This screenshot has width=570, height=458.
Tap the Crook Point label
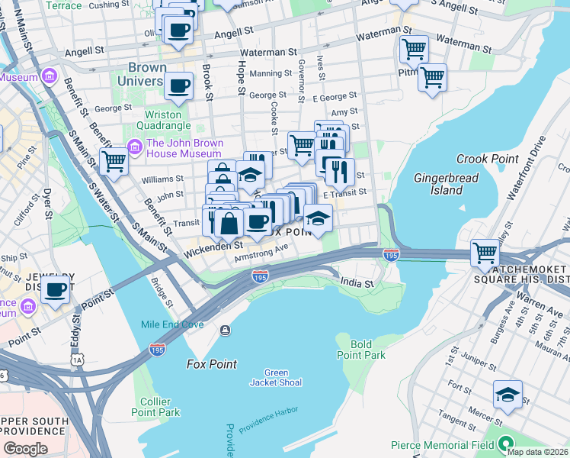(x=482, y=159)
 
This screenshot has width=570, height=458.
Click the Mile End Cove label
(x=172, y=324)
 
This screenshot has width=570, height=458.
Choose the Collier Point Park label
(x=160, y=406)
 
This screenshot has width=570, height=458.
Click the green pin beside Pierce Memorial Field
(x=504, y=443)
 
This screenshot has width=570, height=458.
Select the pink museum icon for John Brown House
(x=136, y=146)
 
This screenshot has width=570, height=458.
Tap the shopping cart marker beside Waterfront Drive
(x=485, y=253)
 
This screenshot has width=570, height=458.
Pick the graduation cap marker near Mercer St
(x=508, y=395)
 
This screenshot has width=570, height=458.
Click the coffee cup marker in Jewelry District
(x=56, y=289)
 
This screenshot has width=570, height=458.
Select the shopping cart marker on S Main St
(x=114, y=161)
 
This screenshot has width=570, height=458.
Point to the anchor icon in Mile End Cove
(x=225, y=330)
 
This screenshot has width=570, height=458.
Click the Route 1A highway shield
(x=77, y=359)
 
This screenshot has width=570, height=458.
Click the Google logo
(x=25, y=449)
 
